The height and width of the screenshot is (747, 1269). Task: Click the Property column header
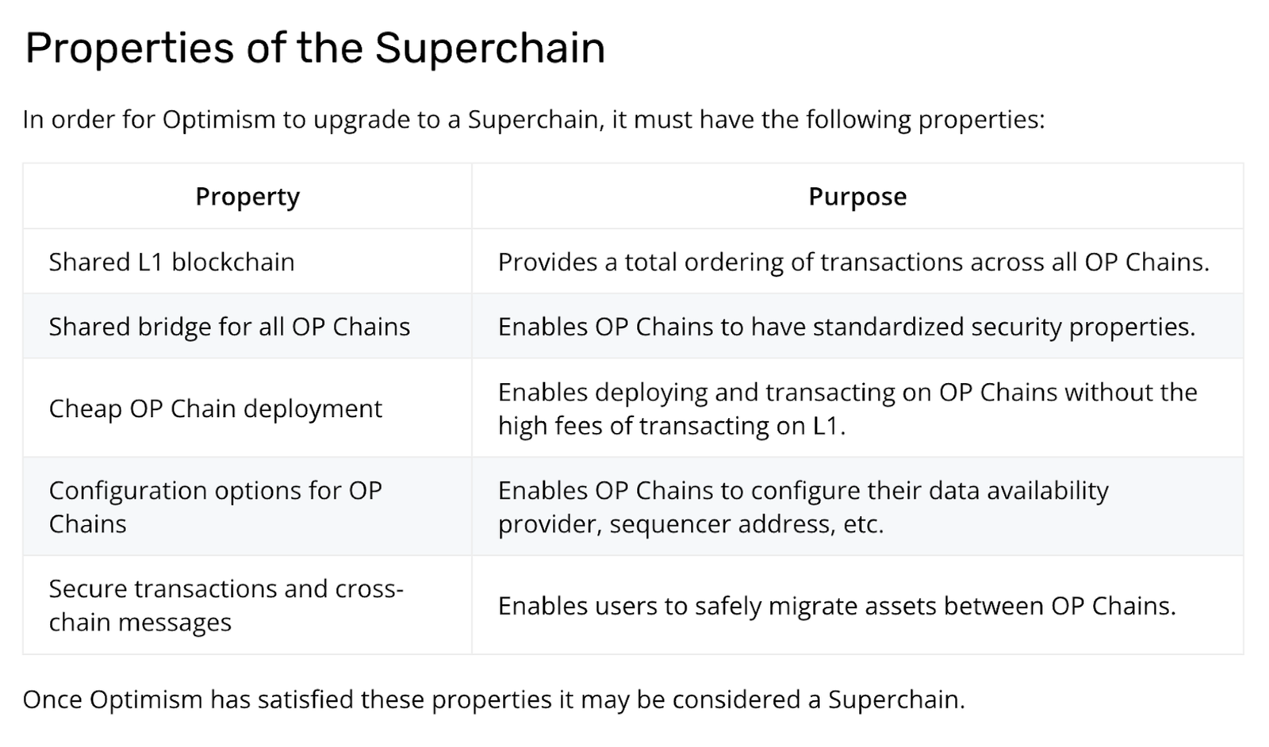click(247, 197)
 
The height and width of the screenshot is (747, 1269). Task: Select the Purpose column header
click(857, 197)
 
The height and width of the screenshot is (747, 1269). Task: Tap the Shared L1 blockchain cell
click(171, 262)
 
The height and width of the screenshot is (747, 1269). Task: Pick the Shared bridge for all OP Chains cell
click(229, 327)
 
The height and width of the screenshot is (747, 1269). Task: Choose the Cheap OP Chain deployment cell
click(215, 408)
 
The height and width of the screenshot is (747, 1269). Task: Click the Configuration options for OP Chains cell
click(215, 507)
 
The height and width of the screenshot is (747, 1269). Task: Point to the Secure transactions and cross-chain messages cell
click(226, 605)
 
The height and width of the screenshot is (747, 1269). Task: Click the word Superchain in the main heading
click(489, 48)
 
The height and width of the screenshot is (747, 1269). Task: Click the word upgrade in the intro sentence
click(360, 121)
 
